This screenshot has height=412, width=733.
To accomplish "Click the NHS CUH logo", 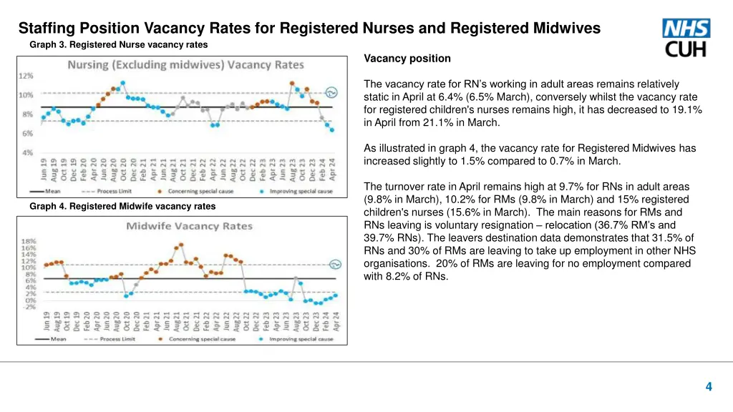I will tap(686, 38).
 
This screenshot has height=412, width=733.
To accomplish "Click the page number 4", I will tap(708, 387).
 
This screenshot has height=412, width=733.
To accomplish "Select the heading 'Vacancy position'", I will tap(407, 59).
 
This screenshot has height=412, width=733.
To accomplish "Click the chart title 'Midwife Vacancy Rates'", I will tap(190, 227).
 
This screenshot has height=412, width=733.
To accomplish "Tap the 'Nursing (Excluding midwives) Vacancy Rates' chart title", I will tap(185, 65).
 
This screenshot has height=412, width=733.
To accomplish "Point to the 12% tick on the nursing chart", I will tap(26, 75).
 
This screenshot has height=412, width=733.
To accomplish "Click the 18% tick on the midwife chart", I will tap(29, 241).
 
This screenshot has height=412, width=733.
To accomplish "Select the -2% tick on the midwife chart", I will tap(29, 307).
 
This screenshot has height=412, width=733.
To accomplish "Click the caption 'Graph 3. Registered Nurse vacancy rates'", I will tap(118, 44).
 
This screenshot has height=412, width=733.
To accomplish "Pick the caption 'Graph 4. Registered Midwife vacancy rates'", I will tap(122, 207).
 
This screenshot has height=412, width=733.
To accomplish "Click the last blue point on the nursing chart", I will tap(332, 130).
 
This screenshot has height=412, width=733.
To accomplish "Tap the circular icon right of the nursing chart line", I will tap(331, 92).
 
